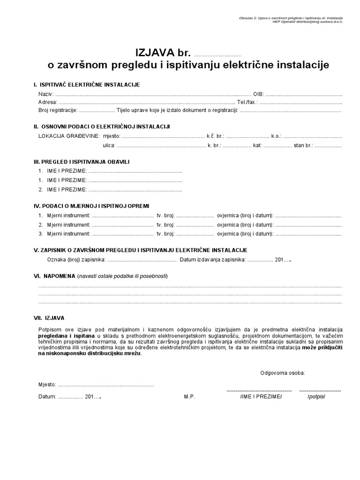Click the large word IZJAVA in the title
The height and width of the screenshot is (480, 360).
(x=155, y=52)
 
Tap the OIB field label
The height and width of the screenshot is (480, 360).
(x=258, y=94)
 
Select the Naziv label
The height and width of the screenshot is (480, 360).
(x=46, y=94)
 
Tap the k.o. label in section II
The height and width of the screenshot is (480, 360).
(x=276, y=135)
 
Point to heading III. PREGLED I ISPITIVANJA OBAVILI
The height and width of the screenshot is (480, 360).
(x=81, y=162)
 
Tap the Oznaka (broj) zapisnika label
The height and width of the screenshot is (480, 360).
(x=76, y=259)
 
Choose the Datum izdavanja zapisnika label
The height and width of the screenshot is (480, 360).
(x=212, y=259)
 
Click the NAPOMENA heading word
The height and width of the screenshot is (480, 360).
(x=60, y=276)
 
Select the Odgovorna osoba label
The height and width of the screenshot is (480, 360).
(x=283, y=373)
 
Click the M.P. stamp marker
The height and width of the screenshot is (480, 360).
(x=189, y=397)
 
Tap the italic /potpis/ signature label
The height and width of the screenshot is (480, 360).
(x=316, y=397)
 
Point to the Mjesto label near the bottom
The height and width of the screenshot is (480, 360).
(x=47, y=385)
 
